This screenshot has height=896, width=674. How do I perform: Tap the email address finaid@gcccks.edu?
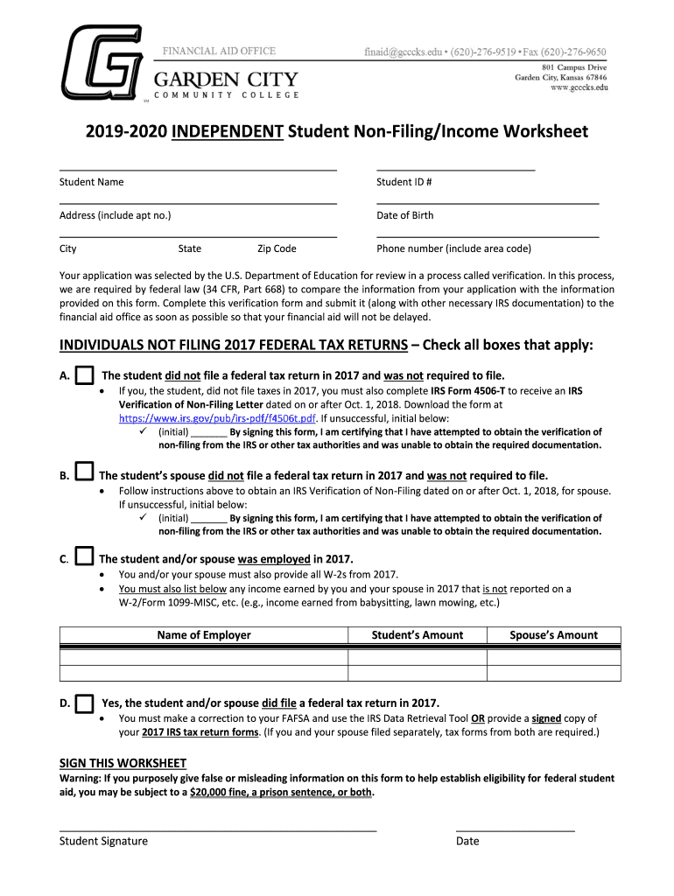click(x=402, y=52)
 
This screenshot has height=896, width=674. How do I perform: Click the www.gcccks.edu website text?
click(x=573, y=88)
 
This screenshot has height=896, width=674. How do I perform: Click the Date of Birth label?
click(x=404, y=215)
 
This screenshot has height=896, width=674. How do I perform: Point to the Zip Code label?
click(x=277, y=248)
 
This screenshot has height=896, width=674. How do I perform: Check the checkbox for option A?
click(x=84, y=376)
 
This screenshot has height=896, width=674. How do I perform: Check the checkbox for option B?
click(x=84, y=472)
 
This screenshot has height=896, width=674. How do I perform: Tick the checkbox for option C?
click(x=84, y=556)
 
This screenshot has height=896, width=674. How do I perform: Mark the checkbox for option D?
click(x=84, y=703)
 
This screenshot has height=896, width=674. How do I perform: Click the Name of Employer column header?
click(x=203, y=635)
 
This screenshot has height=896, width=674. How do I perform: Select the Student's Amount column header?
click(x=418, y=635)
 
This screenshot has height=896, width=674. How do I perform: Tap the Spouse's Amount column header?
click(x=553, y=635)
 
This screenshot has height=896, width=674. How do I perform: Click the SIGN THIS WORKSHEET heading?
click(x=123, y=763)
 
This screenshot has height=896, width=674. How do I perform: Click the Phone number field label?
click(x=453, y=248)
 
